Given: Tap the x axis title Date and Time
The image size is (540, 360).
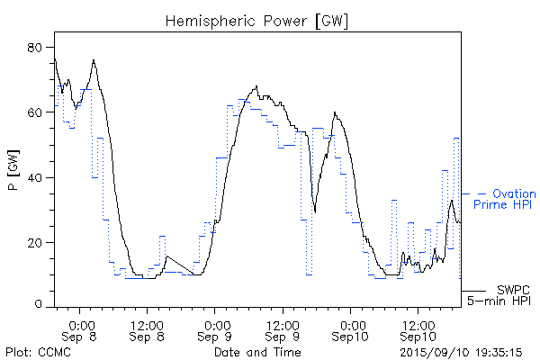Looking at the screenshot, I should point(257,351).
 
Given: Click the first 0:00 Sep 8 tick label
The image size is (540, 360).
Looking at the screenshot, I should point(81,330).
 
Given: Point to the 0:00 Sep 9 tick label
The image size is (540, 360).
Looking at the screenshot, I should point(215,330).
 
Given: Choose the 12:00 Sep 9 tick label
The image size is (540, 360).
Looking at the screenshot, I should point(282,330).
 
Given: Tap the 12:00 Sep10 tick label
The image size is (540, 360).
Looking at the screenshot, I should point(416,330).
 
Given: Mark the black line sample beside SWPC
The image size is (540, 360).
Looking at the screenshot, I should point(476,291).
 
